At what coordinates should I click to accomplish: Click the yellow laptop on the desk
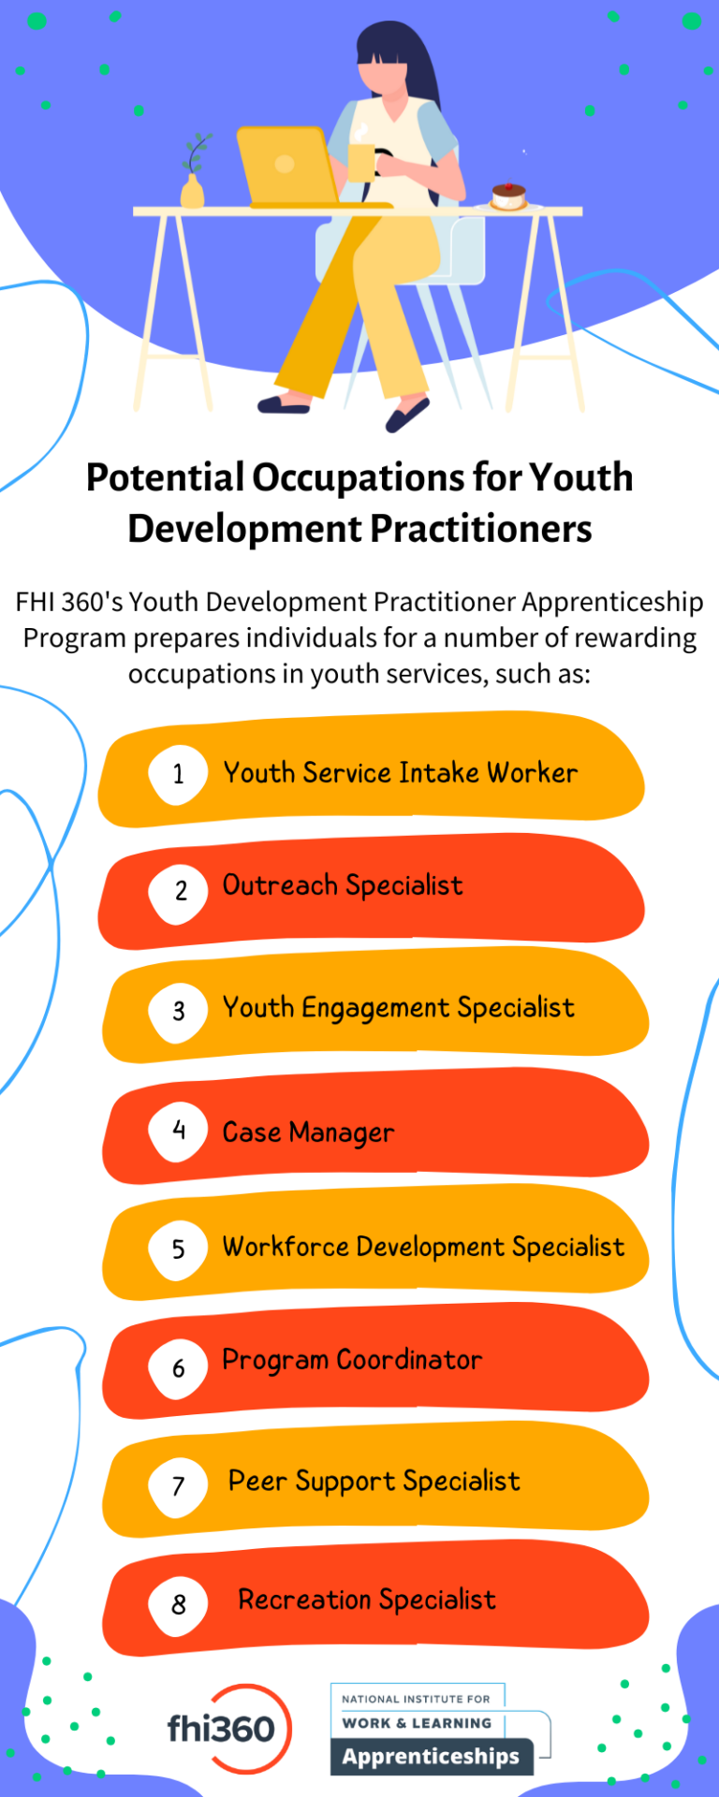(286, 166)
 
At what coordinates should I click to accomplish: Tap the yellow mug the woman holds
(360, 161)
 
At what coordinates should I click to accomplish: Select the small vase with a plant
(193, 183)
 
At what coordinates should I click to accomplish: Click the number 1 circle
(178, 774)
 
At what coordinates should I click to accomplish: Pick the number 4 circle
(178, 1131)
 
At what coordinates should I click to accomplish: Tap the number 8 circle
(178, 1604)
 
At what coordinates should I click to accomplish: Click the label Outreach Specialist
(343, 885)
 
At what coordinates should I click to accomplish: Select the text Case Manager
(308, 1132)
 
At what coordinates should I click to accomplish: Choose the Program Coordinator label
(352, 1360)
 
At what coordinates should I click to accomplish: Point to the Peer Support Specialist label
(374, 1482)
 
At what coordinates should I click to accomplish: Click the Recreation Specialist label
(367, 1600)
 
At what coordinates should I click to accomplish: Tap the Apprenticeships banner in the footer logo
(431, 1757)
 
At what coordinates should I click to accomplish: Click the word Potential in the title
(165, 477)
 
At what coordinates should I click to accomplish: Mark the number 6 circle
(178, 1368)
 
